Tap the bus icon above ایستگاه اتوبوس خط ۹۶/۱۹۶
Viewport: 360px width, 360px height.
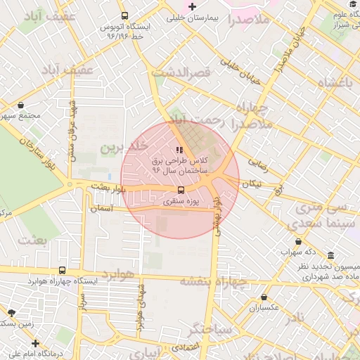(x=124, y=15)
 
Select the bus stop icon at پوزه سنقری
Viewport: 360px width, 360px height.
(x=181, y=190)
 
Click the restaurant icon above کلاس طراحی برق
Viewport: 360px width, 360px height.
(x=179, y=150)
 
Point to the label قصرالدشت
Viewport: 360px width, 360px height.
(x=191, y=72)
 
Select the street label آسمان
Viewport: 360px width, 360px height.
(x=102, y=209)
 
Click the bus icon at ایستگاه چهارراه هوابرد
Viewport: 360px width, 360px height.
(x=62, y=270)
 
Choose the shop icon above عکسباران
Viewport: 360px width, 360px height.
(x=264, y=297)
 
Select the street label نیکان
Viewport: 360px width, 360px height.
(x=251, y=184)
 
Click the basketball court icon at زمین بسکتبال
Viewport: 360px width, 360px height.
(x=11, y=312)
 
